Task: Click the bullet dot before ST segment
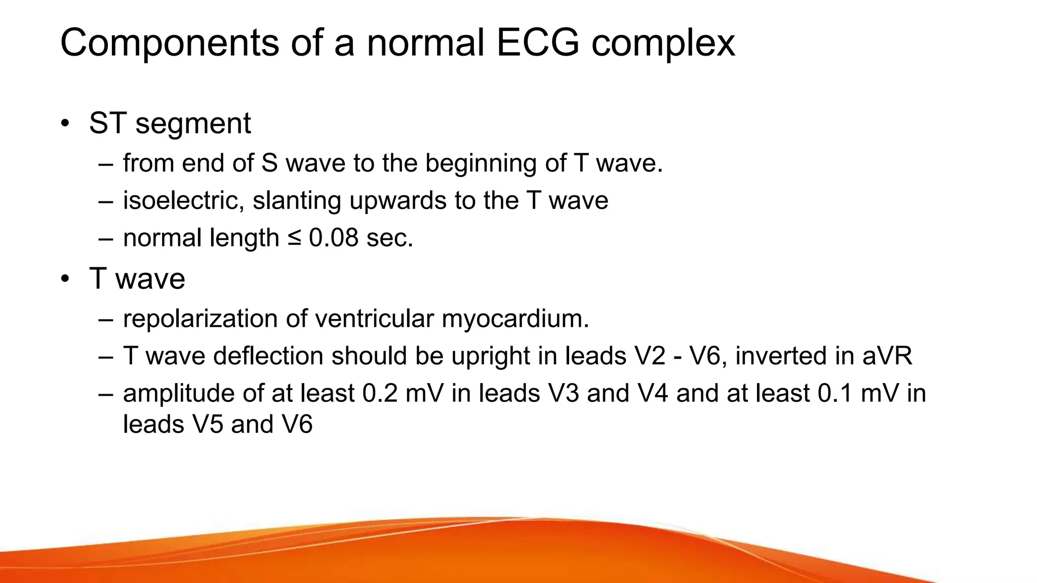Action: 65,123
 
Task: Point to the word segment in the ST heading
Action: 193,123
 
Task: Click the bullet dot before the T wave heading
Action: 65,279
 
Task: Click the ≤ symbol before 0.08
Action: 294,238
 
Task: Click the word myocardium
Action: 515,319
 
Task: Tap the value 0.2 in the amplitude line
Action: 380,394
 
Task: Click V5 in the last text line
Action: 208,424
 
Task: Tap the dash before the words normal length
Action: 106,238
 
